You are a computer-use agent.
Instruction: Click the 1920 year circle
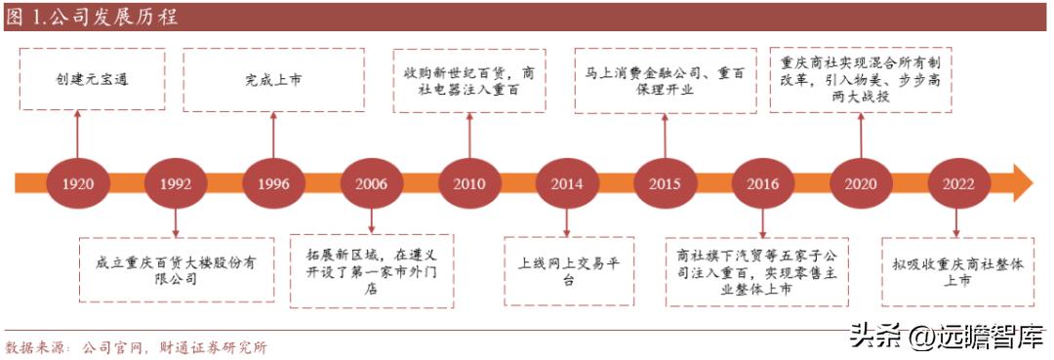(x=78, y=183)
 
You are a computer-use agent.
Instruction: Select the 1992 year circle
(x=176, y=183)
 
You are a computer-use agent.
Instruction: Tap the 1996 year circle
(x=273, y=183)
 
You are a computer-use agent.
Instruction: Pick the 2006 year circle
(x=371, y=183)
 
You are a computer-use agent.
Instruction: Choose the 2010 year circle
(x=469, y=183)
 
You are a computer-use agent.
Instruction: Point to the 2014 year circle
(x=567, y=183)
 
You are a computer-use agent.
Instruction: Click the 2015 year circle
(x=665, y=183)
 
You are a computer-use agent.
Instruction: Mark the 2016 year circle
(x=763, y=183)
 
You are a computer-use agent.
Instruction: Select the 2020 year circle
(x=861, y=183)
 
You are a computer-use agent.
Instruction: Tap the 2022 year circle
(x=958, y=183)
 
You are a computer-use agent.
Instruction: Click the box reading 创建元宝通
(x=92, y=78)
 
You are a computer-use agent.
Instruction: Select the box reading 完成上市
(x=273, y=78)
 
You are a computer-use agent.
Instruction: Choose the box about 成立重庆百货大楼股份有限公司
(x=176, y=270)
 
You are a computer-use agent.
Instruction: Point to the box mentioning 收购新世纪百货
(x=469, y=81)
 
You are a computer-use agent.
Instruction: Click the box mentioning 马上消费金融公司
(x=666, y=80)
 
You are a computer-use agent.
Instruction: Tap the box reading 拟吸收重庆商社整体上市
(x=957, y=270)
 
